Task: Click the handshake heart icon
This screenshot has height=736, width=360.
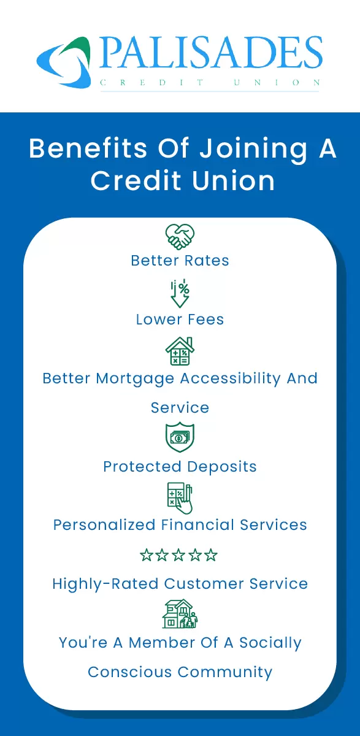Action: (180, 236)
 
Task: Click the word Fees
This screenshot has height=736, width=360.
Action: (204, 320)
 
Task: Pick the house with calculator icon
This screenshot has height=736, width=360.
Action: (180, 352)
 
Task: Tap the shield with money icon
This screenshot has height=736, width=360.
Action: (180, 437)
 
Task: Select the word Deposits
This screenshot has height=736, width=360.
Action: (221, 467)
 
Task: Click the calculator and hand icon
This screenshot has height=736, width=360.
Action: (180, 497)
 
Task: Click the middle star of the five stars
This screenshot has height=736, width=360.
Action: (179, 556)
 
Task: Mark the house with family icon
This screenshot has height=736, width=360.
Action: (180, 614)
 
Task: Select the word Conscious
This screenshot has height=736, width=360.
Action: (130, 672)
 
